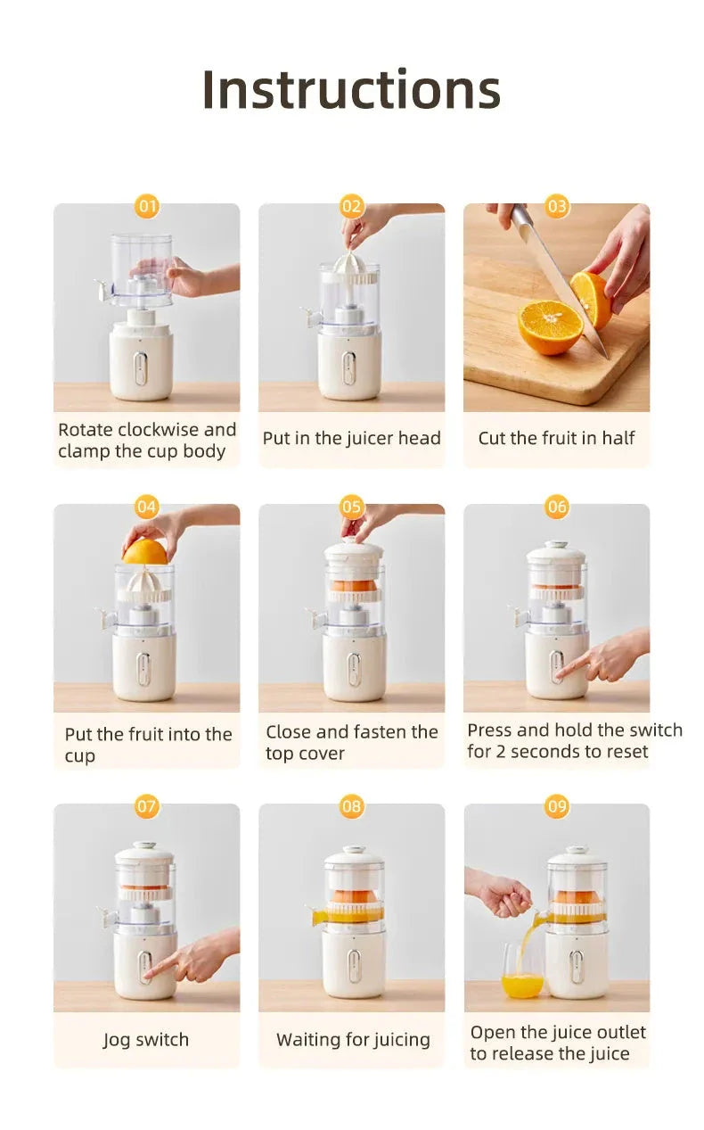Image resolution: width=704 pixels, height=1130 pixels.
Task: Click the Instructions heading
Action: pos(351,90)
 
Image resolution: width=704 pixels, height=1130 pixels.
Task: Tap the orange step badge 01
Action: pos(147,207)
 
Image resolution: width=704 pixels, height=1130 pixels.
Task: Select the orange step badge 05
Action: pos(352,507)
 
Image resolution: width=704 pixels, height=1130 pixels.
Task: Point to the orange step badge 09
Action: pos(557,807)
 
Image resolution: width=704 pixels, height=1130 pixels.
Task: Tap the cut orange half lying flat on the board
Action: pos(550,326)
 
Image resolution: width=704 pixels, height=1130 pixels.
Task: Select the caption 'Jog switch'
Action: pos(146,1040)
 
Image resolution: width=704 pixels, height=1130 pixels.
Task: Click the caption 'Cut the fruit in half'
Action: pos(556,438)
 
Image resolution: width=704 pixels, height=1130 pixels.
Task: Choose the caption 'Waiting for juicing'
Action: pos(353,1040)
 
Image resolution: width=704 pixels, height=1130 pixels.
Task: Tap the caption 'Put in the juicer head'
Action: pos(351,438)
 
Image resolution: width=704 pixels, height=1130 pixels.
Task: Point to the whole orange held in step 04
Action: pos(144,551)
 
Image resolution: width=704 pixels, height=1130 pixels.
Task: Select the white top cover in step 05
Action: pos(354,550)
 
